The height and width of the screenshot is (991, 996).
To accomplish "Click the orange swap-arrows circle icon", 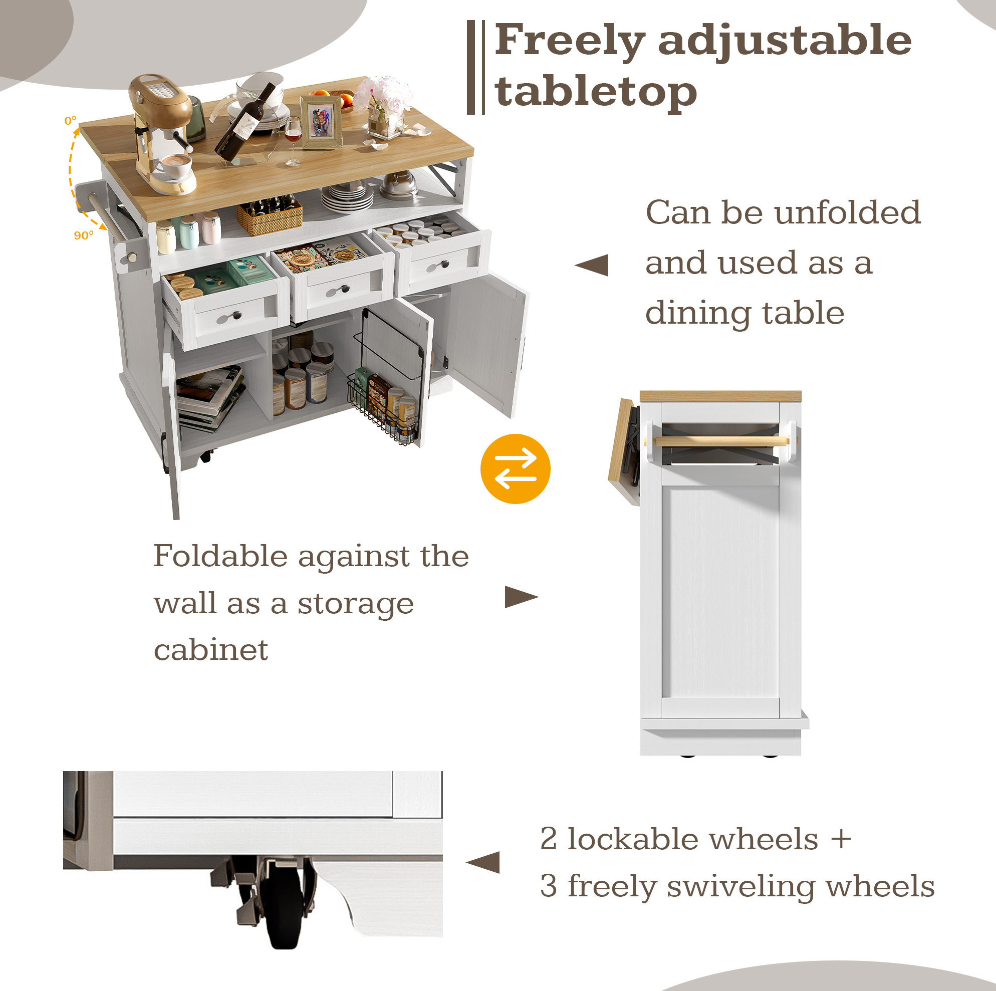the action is click(515, 468).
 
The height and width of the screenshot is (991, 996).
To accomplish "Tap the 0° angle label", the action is click(70, 121).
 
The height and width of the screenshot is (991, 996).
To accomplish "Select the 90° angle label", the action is click(84, 235).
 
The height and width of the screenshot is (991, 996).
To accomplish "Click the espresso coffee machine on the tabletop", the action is click(161, 134).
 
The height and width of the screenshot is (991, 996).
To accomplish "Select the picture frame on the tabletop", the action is click(322, 122).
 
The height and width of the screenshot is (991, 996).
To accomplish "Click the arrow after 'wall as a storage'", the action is click(521, 597).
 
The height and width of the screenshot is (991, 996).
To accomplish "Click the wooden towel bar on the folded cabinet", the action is click(721, 441).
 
